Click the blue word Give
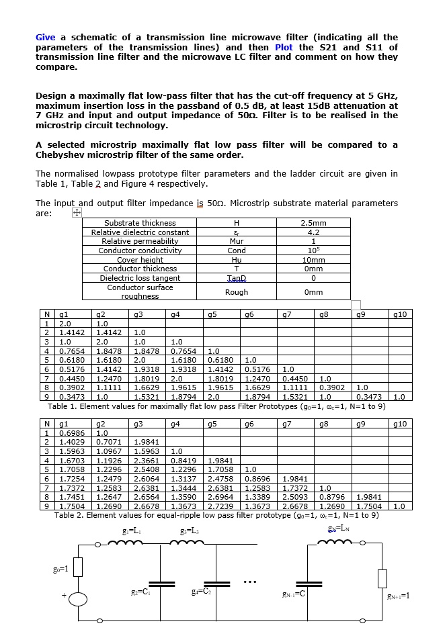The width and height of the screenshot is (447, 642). pyautogui.click(x=46, y=37)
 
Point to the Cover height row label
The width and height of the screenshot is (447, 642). pyautogui.click(x=140, y=260)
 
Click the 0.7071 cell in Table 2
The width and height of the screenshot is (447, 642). pyautogui.click(x=109, y=442)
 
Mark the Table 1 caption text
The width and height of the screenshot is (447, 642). pyautogui.click(x=216, y=406)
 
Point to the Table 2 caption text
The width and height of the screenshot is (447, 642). pyautogui.click(x=216, y=515)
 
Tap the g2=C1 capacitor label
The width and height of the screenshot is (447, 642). pyautogui.click(x=140, y=590)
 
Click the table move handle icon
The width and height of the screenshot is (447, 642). pyautogui.click(x=77, y=213)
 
